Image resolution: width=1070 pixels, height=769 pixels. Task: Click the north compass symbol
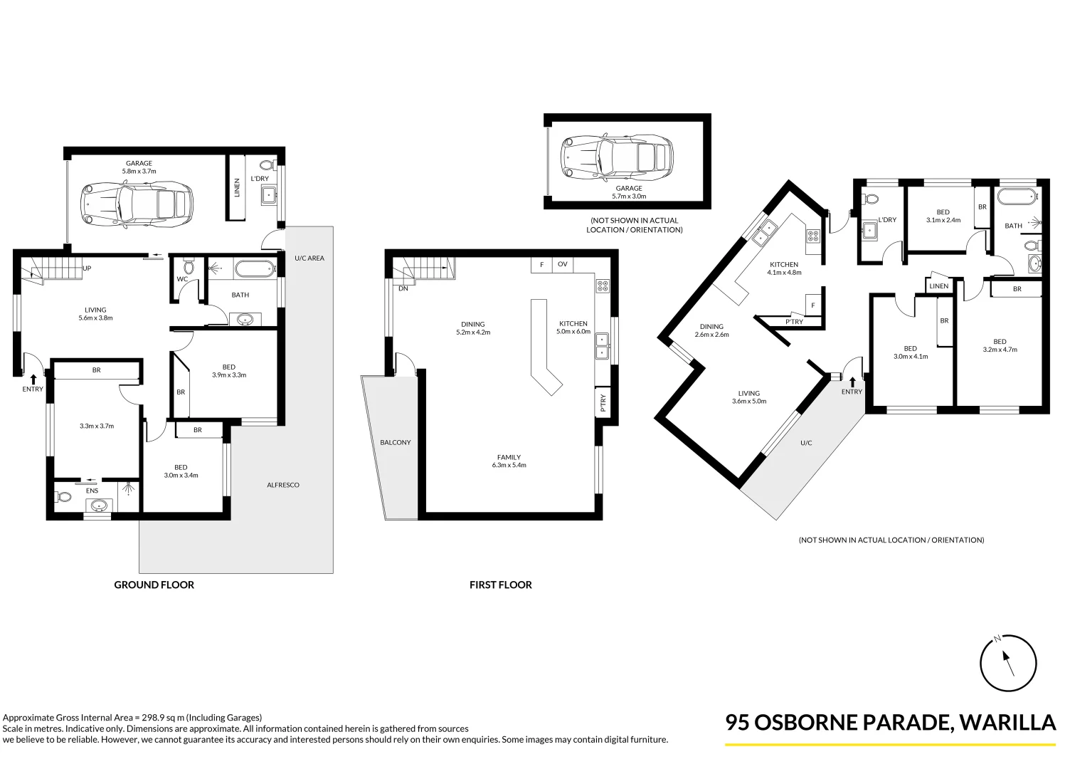1007,662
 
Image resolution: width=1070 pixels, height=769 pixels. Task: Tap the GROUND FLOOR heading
154,585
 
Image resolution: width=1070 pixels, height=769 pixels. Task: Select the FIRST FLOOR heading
500,585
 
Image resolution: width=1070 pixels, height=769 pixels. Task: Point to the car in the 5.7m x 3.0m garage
617,156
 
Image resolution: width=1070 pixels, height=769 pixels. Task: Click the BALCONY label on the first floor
395,442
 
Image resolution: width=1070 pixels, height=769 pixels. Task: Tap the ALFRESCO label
282,485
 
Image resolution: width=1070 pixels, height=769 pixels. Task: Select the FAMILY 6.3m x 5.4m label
509,461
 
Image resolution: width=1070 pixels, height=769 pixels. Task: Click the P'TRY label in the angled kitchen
794,322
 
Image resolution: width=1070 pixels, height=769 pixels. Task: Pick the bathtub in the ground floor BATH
254,268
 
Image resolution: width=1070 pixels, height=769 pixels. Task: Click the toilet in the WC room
189,267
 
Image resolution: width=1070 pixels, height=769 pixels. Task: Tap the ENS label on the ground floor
92,491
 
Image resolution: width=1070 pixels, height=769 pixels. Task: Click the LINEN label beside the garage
237,187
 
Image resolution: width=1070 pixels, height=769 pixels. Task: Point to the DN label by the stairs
403,288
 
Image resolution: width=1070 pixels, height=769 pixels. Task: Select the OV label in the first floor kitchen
562,264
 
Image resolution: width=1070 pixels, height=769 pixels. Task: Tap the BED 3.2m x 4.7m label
1000,345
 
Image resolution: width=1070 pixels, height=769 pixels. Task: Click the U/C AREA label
309,258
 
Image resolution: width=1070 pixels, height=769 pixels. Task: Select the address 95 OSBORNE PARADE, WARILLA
890,722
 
